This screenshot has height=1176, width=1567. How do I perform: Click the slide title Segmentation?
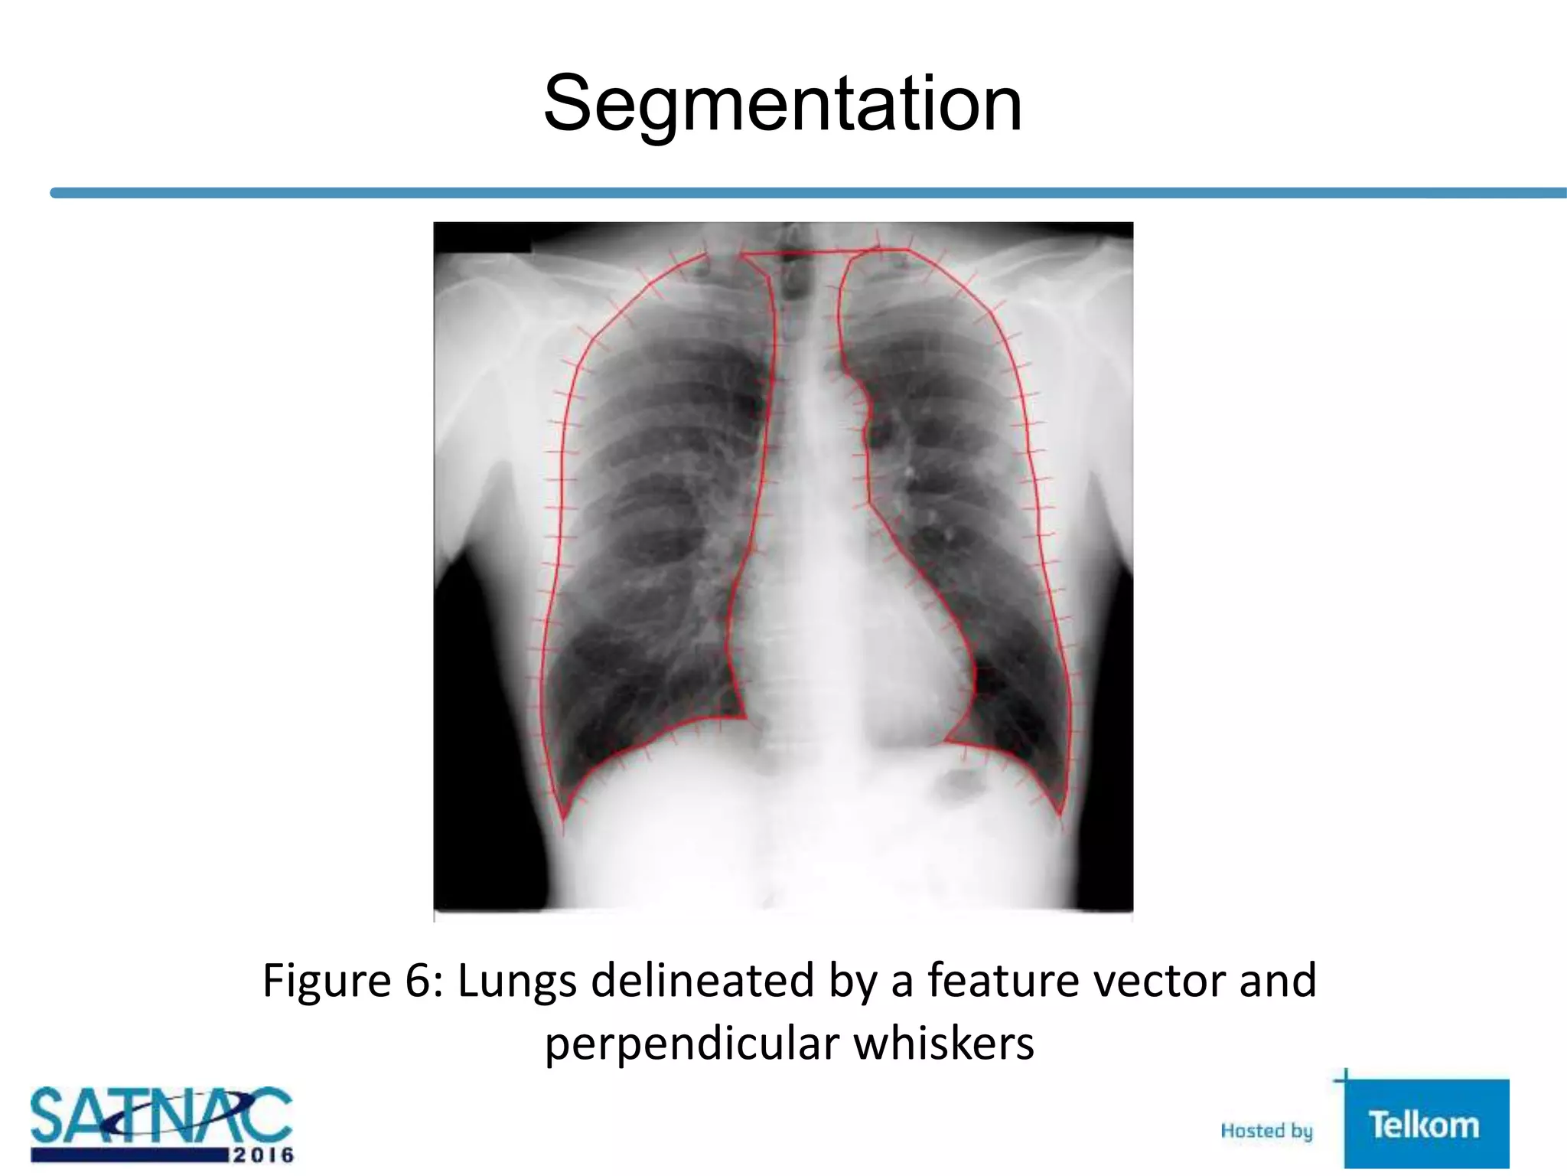pos(782,104)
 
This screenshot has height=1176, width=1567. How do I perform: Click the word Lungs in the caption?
pos(516,982)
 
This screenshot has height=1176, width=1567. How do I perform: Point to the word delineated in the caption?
pos(702,980)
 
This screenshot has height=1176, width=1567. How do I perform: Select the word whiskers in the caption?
pos(944,1044)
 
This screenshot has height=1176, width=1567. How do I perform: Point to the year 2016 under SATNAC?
pos(262,1155)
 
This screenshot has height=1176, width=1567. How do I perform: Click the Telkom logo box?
pos(1425,1123)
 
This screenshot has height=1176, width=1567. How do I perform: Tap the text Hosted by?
pos(1266,1131)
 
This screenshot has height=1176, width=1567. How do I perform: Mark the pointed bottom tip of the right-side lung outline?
pos(1060,813)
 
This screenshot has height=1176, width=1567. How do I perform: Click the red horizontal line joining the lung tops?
pos(811,251)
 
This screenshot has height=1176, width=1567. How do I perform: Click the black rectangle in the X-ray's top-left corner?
pos(482,237)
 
